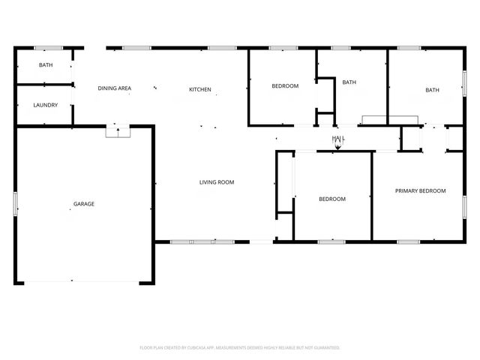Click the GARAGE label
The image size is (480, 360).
83,204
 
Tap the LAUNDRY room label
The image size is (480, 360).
45,105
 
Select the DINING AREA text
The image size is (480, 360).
115,88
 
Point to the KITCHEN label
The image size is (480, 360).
199,89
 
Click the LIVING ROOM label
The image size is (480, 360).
217,182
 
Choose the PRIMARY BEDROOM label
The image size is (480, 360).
420,191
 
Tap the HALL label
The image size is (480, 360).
338,139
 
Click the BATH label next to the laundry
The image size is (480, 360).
45,65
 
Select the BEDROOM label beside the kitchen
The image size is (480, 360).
285,86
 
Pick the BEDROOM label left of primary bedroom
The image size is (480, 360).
332,199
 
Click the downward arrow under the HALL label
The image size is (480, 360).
338,147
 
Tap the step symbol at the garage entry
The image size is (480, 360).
118,132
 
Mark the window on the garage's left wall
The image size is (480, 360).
16,204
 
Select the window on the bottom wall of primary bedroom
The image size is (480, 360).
408,241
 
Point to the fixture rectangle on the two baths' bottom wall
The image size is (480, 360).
389,118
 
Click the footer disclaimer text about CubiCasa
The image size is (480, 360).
240,347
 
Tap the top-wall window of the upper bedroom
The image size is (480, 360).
283,49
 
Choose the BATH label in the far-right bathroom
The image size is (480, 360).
432,90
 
